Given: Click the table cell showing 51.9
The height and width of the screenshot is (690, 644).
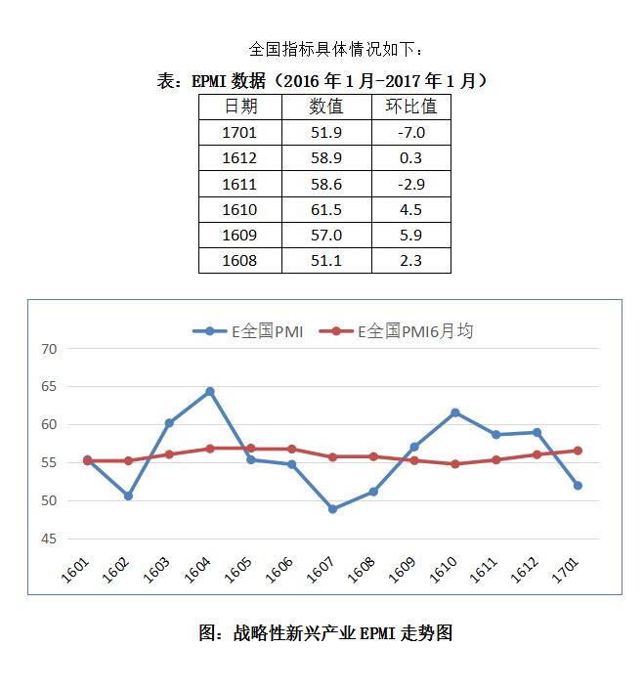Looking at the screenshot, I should coord(325,133).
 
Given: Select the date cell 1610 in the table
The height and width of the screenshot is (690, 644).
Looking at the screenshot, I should coord(239,209).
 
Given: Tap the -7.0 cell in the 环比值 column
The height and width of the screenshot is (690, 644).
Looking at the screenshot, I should coord(410,133).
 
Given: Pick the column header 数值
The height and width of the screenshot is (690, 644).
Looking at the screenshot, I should coord(325,106).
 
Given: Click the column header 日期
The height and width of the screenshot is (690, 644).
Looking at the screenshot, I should coord(239,106).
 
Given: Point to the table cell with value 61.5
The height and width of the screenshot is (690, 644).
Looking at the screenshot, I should coord(325,209).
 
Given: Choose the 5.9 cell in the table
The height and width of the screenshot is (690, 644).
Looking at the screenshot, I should coord(410,235).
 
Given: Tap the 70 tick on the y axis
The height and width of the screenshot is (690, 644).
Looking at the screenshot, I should coord(50,349).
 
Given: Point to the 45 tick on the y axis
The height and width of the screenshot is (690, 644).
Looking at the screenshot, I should coord(50,539).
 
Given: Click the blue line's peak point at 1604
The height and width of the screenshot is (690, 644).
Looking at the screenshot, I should coord(209,392).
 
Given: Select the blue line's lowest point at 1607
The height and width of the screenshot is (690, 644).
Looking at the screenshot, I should coord(332,509).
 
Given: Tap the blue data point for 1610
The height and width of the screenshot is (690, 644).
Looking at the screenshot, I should coord(454,412).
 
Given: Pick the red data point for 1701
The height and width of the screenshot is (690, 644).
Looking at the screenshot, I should coord(578,451).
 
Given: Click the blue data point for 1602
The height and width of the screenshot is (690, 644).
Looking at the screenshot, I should coord(128,496).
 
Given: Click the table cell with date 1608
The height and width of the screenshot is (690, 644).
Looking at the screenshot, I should coord(239,260).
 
